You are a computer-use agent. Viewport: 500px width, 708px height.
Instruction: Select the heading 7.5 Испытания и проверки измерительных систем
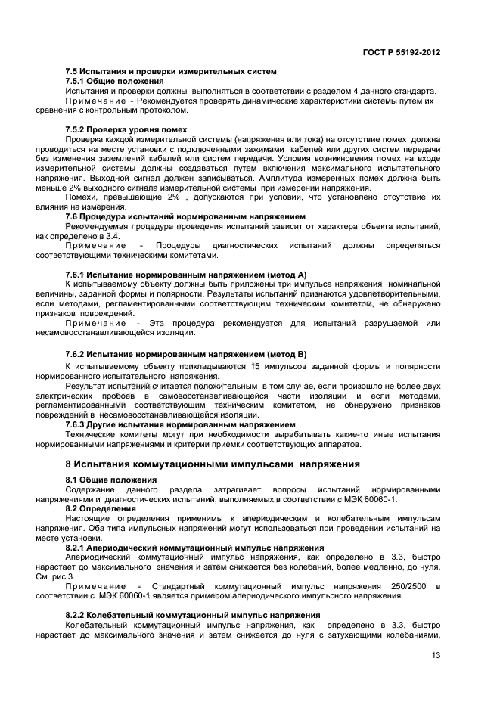(170, 71)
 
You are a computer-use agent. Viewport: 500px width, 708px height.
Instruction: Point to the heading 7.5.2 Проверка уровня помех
(126, 129)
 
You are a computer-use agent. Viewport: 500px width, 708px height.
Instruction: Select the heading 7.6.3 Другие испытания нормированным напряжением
(180, 424)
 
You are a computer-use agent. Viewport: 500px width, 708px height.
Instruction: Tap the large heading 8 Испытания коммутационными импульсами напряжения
(213, 464)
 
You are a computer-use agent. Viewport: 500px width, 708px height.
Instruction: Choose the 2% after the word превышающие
(173, 197)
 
